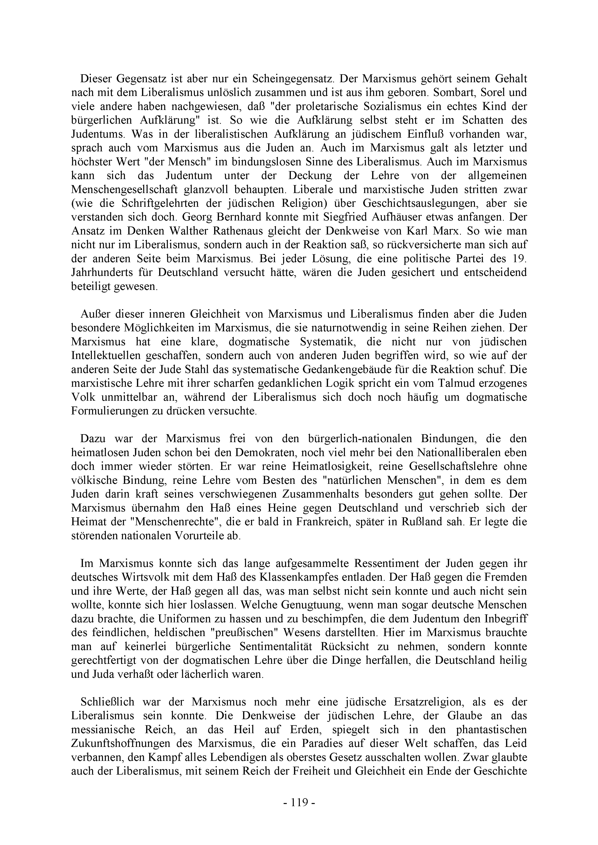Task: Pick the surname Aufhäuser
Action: [x=403, y=217]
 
